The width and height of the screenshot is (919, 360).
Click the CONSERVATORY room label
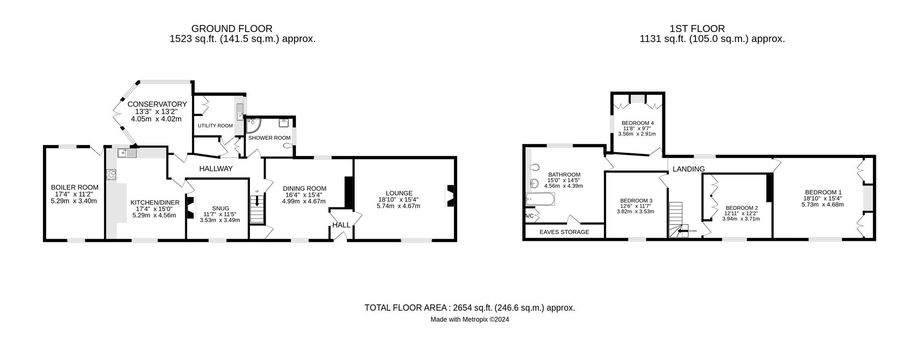pyautogui.click(x=157, y=104)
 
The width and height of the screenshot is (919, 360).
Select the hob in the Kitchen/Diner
pyautogui.click(x=111, y=175)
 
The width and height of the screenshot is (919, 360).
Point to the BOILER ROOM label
pyautogui.click(x=75, y=187)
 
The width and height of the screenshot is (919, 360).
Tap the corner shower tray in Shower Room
pyautogui.click(x=252, y=124)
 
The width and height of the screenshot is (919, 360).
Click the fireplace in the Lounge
pyautogui.click(x=449, y=196)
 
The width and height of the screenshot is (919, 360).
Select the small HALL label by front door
pyautogui.click(x=341, y=225)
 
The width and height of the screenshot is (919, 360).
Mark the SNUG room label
pyautogui.click(x=220, y=208)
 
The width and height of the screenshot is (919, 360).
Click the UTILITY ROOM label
pyautogui.click(x=215, y=126)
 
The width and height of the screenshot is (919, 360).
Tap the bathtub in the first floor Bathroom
pyautogui.click(x=540, y=199)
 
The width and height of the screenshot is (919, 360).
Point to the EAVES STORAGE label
pyautogui.click(x=564, y=232)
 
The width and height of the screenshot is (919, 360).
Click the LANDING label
pyautogui.click(x=688, y=169)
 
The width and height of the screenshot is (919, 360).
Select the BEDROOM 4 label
pyautogui.click(x=638, y=123)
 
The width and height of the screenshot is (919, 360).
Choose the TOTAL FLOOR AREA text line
pyautogui.click(x=470, y=308)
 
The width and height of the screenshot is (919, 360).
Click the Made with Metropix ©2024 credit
pyautogui.click(x=470, y=320)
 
